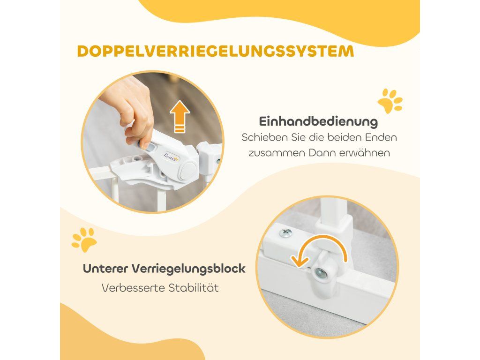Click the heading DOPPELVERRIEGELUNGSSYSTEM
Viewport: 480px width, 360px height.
pos(216,52)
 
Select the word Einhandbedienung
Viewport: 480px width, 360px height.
pos(318,122)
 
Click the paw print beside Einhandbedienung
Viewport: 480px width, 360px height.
pos(390,101)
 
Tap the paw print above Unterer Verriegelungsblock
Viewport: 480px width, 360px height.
pos(84,240)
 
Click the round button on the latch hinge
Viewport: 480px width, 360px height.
pos(188,170)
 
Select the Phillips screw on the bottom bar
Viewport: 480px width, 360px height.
pos(285,233)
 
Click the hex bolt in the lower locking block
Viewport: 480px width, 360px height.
pos(321,272)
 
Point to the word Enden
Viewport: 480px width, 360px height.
pos(381,137)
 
